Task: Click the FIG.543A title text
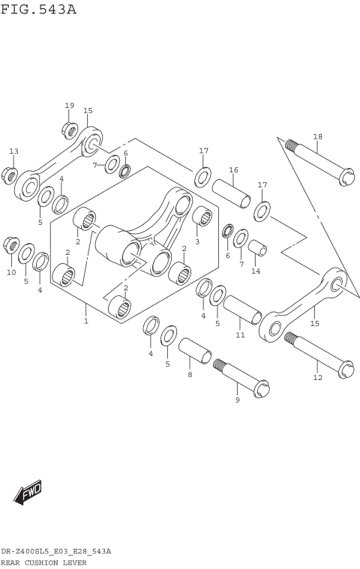point(39,10)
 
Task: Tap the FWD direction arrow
point(28,493)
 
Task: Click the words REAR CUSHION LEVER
point(43,562)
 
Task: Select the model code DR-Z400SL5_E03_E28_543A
point(56,551)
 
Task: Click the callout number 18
point(317,136)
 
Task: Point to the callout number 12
point(317,377)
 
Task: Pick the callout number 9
point(237,400)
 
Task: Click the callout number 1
point(86,321)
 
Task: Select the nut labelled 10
point(11,244)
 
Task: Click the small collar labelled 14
point(257,248)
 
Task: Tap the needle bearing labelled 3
point(200,217)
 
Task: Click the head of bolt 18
point(346,178)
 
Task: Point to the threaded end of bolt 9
point(220,366)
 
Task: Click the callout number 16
point(233,170)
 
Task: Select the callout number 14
point(256,271)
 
